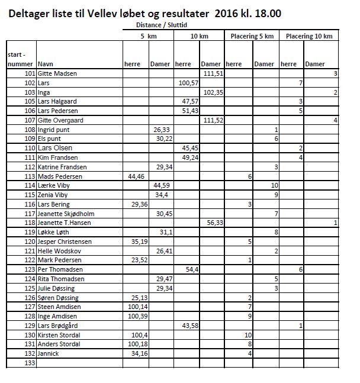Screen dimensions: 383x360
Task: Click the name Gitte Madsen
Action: click(x=57, y=73)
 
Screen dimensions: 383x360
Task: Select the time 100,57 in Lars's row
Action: click(x=188, y=83)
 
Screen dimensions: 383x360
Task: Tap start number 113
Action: click(x=27, y=176)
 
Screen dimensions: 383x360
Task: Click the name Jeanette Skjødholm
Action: click(x=66, y=214)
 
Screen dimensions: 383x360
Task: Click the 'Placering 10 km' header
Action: click(x=309, y=36)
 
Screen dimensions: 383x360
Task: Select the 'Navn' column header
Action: click(x=45, y=63)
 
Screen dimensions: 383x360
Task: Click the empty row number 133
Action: click(x=27, y=363)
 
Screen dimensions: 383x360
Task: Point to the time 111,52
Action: click(x=211, y=120)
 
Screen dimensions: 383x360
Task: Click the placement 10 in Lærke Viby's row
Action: click(x=275, y=186)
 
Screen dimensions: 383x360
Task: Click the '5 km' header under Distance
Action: click(x=149, y=36)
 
